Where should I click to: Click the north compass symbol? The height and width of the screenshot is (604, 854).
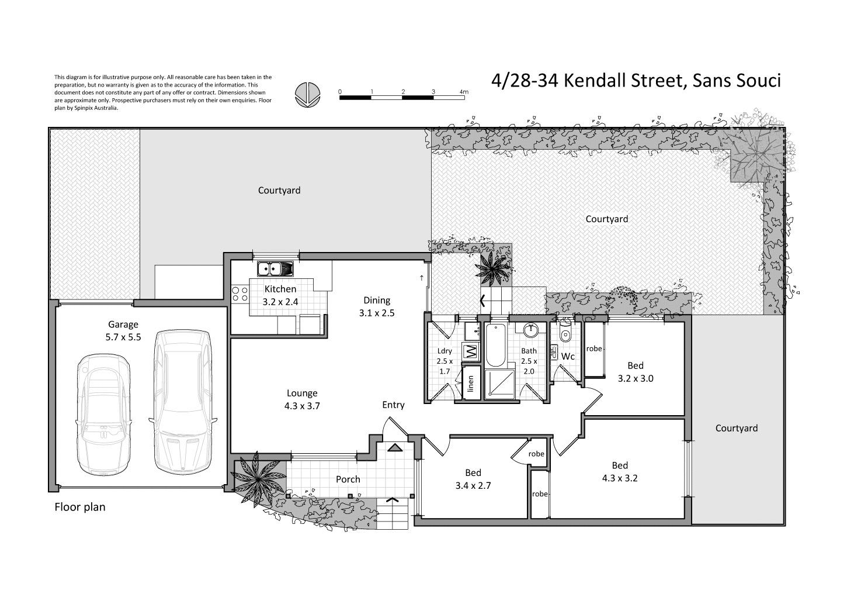tap(307, 94)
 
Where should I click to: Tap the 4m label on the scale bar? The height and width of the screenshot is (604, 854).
tap(464, 92)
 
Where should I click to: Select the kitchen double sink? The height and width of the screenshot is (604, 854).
tap(275, 268)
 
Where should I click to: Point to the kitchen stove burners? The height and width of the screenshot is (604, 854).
tap(240, 294)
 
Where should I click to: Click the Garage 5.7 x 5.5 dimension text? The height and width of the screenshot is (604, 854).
tap(123, 337)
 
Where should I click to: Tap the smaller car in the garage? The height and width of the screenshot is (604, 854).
tap(104, 415)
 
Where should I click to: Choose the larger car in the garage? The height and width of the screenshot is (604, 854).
tap(183, 401)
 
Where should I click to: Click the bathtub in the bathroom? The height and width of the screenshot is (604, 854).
tap(495, 345)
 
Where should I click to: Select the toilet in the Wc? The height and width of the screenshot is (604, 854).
tap(565, 333)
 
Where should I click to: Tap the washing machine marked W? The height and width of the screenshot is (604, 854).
tap(471, 351)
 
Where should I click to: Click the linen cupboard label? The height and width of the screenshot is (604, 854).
tap(470, 384)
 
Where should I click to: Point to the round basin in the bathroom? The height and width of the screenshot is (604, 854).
tap(530, 330)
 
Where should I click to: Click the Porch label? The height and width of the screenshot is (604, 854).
tap(348, 479)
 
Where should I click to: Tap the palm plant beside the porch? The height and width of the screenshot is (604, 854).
tap(258, 478)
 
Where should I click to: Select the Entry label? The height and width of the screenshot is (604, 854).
tap(393, 405)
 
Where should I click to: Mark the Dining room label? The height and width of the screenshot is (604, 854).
tap(377, 301)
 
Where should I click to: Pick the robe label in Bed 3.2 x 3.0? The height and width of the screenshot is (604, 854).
tap(594, 348)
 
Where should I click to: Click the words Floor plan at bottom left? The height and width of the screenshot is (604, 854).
tap(80, 507)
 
